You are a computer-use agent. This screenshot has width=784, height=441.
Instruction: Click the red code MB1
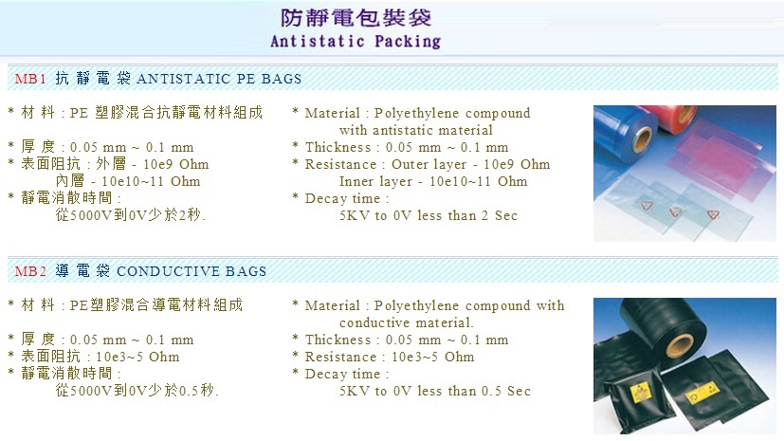30,79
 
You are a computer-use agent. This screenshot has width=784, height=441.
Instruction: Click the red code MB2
30,271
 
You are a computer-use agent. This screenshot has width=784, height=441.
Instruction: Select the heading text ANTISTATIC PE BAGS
219,79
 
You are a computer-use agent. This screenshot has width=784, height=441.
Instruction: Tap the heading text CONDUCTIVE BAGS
191,271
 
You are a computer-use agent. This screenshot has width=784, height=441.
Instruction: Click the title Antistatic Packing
356,41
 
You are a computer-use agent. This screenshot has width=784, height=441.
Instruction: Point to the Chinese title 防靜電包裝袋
356,17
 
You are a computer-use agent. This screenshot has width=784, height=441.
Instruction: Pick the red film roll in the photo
671,118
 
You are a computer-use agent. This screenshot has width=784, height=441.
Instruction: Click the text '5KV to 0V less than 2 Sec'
428,215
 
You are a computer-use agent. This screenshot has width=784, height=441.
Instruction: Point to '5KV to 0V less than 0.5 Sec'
435,391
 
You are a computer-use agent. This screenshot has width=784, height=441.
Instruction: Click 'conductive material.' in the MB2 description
407,323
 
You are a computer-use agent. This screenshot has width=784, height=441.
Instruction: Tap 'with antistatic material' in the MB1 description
416,131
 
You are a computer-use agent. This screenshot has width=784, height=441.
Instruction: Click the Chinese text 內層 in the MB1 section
69,181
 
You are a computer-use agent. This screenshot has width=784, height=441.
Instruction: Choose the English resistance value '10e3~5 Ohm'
433,357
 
